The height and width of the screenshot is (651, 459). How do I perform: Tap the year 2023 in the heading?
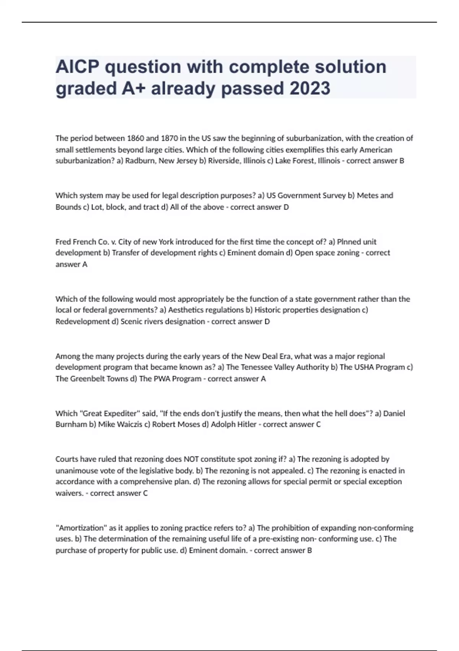(310, 88)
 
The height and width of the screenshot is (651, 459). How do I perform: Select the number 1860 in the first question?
(137, 138)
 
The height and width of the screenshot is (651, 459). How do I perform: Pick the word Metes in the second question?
(367, 196)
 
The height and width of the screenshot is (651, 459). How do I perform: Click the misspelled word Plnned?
(349, 242)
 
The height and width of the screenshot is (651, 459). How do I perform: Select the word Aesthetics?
(186, 310)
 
